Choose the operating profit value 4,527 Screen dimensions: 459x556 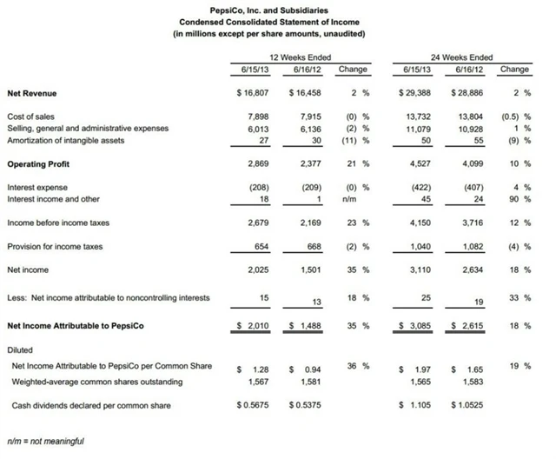point(421,163)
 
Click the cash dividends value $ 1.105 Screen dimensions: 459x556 point(417,404)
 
